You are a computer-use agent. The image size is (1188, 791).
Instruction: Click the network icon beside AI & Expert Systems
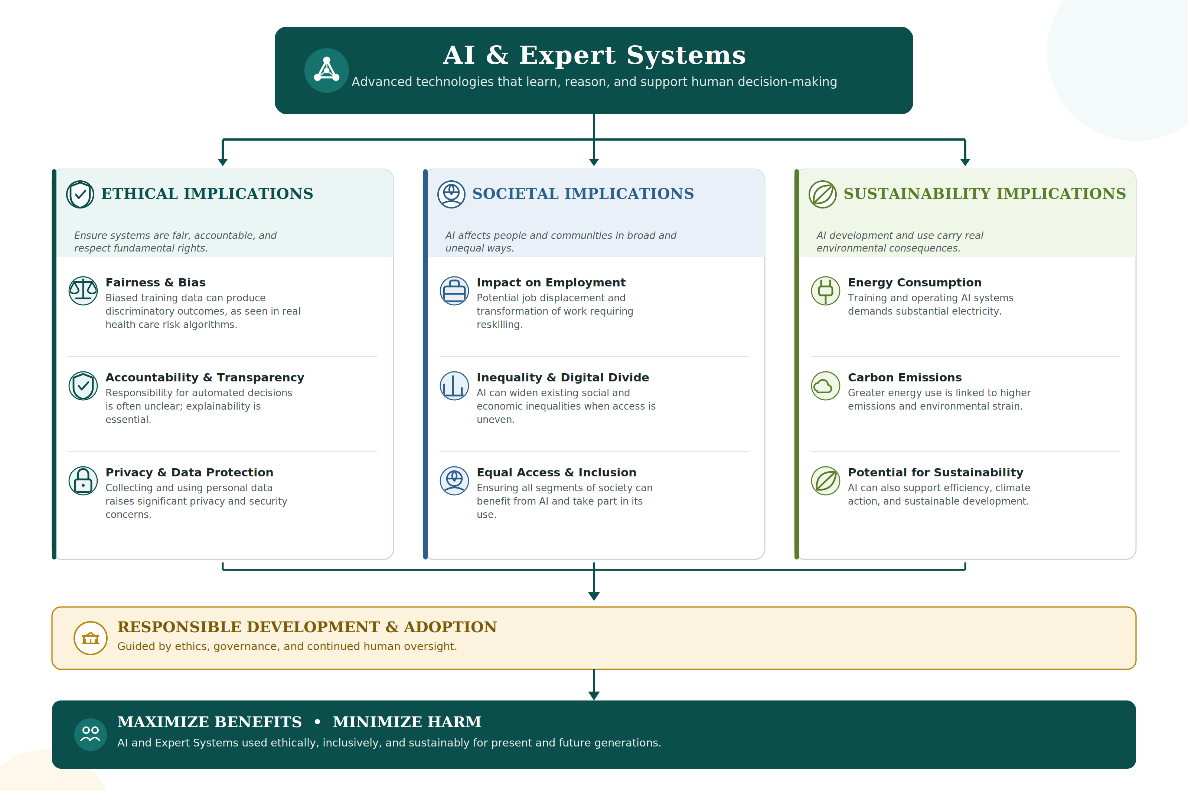tap(327, 70)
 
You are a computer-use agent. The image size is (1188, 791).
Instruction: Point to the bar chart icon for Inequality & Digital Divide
tap(454, 385)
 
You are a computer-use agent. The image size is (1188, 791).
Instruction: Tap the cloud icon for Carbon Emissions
tap(825, 385)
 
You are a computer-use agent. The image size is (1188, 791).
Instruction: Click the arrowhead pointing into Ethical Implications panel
tap(222, 162)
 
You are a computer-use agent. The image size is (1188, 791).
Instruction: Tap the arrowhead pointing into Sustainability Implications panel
tap(965, 162)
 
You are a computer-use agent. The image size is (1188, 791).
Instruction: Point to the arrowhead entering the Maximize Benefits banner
tap(594, 696)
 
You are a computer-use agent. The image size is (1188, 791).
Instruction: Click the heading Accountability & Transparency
tap(205, 377)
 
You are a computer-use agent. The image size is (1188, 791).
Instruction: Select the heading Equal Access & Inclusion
tap(557, 472)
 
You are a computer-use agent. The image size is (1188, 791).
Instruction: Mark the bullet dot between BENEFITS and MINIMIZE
tap(317, 722)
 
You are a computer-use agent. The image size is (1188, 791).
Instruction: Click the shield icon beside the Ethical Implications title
tap(80, 194)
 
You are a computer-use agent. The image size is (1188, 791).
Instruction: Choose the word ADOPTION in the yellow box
tap(450, 627)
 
